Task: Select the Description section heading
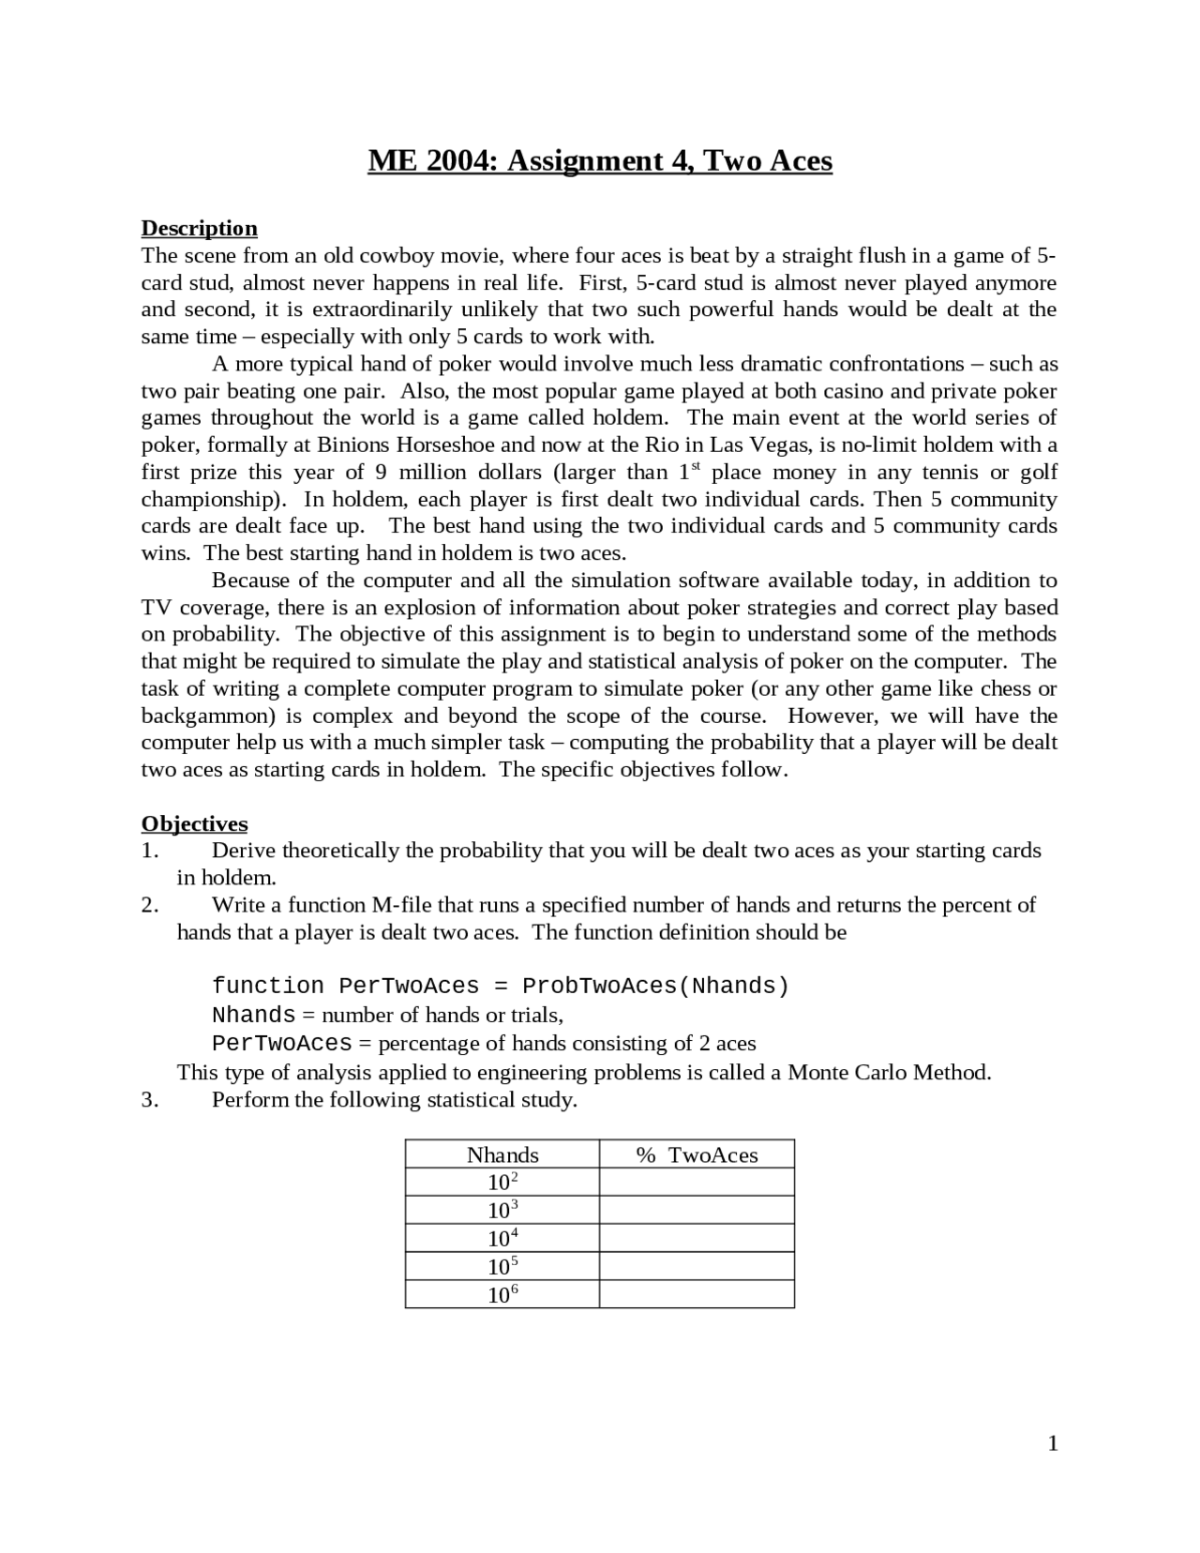click(199, 229)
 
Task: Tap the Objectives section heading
click(194, 824)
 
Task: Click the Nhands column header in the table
click(502, 1155)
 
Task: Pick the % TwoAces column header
click(697, 1155)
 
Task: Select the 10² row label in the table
click(502, 1183)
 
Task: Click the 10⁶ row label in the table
click(502, 1295)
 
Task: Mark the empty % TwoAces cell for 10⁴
click(697, 1239)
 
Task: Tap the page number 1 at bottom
click(1053, 1444)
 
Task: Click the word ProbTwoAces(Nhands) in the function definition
click(655, 987)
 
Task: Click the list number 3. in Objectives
click(150, 1100)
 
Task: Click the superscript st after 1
click(697, 466)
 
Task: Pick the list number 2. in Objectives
click(150, 906)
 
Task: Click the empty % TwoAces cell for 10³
click(697, 1211)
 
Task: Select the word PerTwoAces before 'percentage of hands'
click(281, 1044)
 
